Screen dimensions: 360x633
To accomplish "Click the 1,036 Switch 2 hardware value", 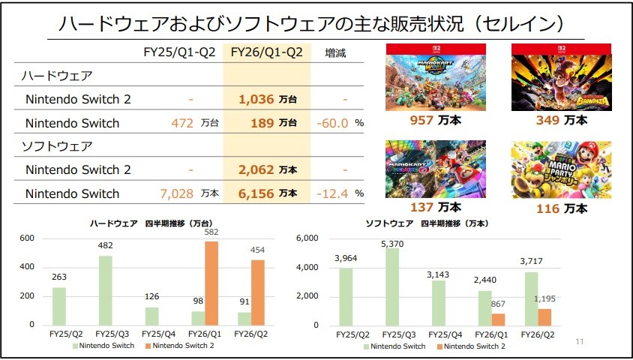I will coord(256,98).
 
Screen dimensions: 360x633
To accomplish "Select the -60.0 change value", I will coord(332,122).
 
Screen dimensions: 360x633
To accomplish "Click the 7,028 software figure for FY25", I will coord(177,193).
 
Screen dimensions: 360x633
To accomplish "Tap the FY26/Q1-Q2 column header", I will coord(266,52).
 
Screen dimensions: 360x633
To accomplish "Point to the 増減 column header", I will coord(335,52).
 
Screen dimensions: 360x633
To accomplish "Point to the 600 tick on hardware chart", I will coord(28,238).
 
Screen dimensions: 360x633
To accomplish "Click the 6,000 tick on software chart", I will coord(308,238).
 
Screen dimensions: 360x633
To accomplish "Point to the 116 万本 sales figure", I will coord(562,208).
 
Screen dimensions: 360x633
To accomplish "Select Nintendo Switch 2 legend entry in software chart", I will coord(473,346).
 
